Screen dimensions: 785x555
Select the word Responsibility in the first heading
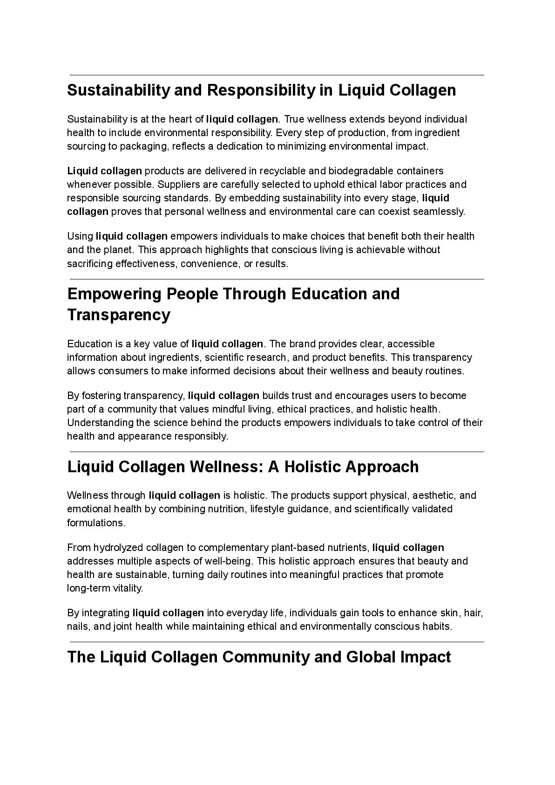coord(260,90)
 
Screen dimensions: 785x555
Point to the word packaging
coord(145,146)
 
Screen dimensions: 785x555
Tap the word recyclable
coord(282,171)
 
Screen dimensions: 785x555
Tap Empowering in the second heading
coord(114,294)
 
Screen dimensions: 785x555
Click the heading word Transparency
coord(119,315)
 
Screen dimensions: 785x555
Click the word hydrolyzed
coord(119,547)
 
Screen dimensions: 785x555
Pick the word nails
coord(77,627)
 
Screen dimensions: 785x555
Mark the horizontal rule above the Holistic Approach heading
coord(277,452)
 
